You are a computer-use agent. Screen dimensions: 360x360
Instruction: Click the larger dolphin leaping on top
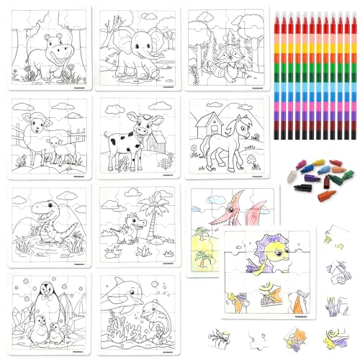pos(130,291)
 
